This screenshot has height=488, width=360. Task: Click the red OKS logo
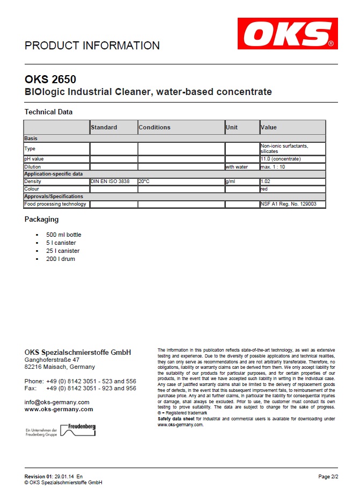coord(288,34)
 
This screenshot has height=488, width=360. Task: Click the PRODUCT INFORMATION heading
coord(92,46)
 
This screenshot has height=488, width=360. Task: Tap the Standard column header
coord(104,127)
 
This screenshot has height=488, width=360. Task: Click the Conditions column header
coord(155,127)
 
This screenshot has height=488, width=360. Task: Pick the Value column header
coord(268,127)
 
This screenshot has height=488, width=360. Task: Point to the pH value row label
coord(35,159)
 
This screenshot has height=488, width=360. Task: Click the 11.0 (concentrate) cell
coord(280,159)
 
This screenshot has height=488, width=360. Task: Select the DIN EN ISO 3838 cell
coord(111,181)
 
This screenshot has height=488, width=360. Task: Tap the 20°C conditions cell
coord(144,181)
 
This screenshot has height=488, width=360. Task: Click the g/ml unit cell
coord(231,181)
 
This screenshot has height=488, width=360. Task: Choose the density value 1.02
coord(265,181)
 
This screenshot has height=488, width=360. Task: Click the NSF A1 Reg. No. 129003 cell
coord(288,204)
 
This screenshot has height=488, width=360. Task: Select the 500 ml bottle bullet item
coord(64,235)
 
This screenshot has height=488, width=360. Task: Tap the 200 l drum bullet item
coord(61,259)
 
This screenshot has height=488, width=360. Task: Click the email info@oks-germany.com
coord(57,402)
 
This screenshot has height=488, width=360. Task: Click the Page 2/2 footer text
coord(328,476)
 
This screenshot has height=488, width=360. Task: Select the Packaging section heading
coord(42,219)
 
